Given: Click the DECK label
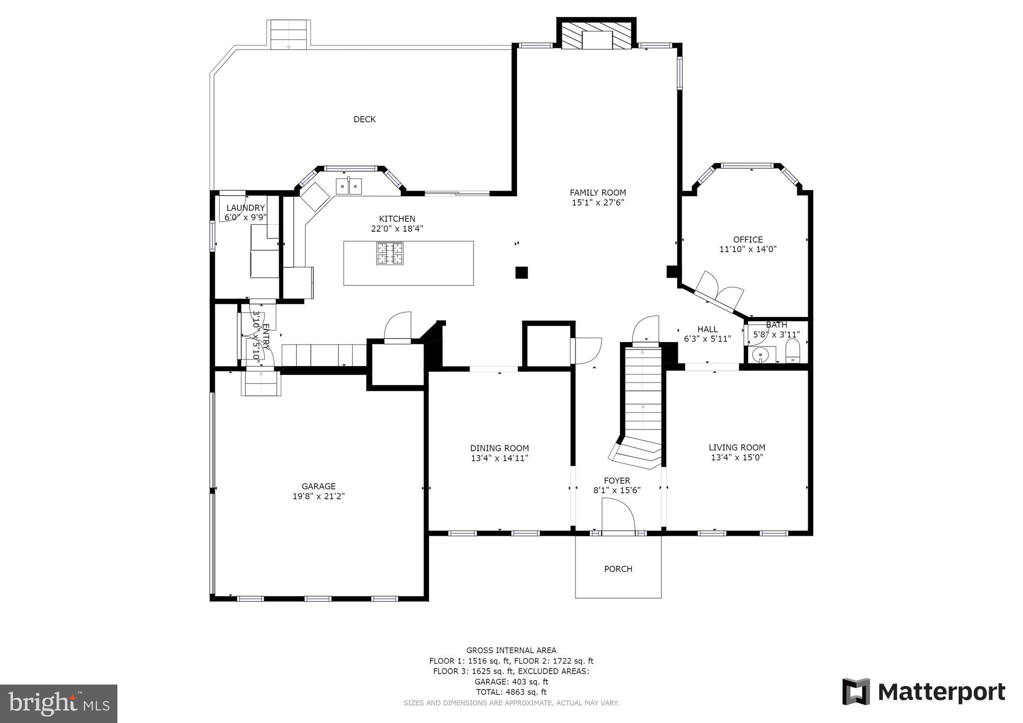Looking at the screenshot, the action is point(365,119).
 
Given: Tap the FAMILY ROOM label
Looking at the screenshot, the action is point(598,193).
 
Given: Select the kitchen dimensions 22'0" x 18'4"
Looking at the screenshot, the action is point(397,229).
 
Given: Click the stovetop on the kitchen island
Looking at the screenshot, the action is point(390,253).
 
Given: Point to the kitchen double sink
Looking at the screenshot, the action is point(349,186).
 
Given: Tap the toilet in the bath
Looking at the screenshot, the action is point(793,351).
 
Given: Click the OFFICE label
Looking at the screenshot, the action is point(748,240).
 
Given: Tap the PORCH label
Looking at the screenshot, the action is point(618,569).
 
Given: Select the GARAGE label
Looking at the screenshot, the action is point(319,486).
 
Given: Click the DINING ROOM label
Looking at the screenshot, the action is point(500,448).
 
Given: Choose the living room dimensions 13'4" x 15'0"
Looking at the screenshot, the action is point(737,457).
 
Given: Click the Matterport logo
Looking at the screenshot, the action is point(924,692).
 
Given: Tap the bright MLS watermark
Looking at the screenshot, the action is point(59,704).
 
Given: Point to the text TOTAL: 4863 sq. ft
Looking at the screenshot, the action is point(511,692).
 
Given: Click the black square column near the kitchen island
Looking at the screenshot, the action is point(521,273).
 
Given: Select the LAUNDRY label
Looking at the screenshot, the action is point(245,208).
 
